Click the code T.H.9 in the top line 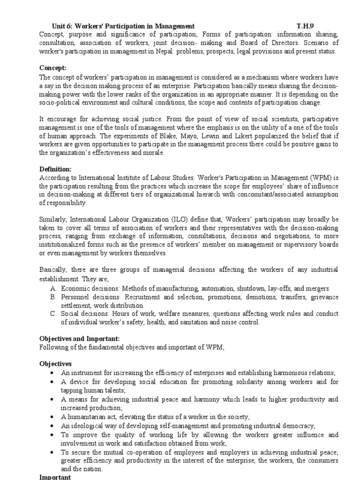point(307,26)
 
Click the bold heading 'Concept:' point(53,67)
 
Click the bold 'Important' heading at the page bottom point(55,477)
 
